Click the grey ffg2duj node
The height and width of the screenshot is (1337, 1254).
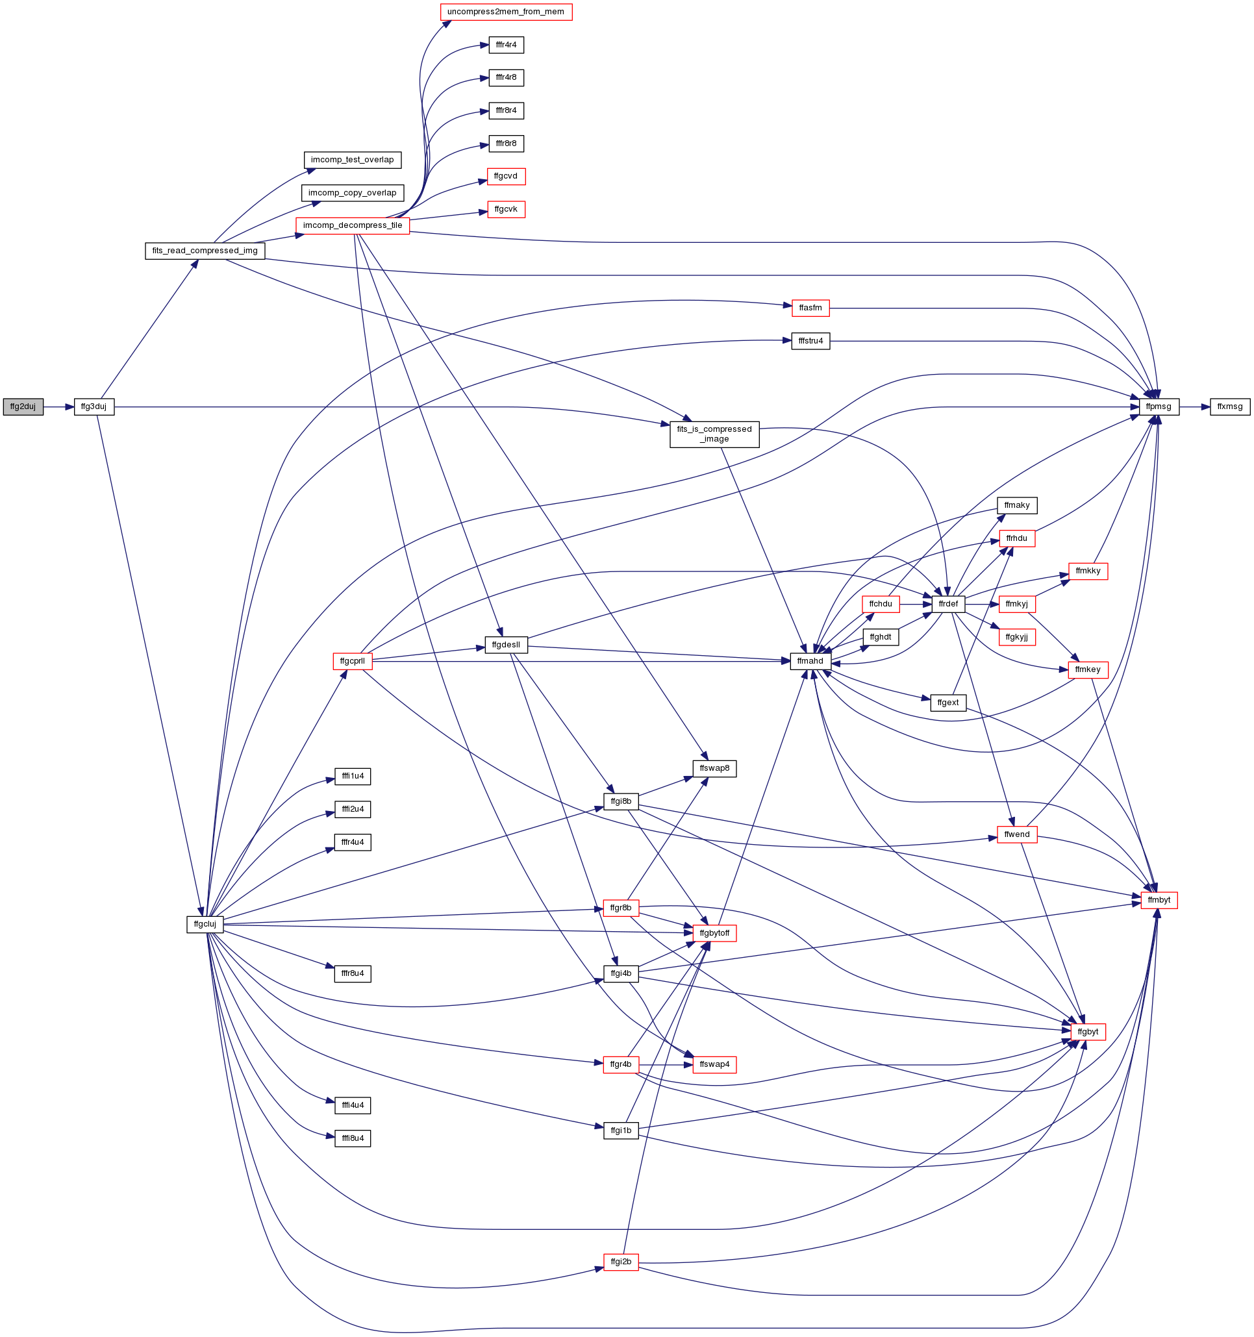[23, 407]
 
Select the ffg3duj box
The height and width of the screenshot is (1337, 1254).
[94, 407]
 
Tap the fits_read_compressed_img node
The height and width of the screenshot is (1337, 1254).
[205, 251]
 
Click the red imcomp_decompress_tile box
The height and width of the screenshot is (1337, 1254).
[353, 225]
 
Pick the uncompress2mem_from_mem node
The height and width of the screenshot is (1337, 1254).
[506, 12]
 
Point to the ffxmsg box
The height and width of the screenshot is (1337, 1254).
[1230, 407]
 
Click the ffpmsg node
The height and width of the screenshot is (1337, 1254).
[1159, 407]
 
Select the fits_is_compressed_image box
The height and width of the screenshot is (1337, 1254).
[714, 434]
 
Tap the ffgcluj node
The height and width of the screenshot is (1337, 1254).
[205, 924]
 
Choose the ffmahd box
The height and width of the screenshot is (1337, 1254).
[810, 661]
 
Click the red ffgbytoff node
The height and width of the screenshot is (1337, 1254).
[714, 934]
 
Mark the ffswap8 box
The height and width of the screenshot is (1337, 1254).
[714, 768]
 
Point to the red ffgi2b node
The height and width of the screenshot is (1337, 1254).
[621, 1262]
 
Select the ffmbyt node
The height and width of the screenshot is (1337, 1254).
[1159, 900]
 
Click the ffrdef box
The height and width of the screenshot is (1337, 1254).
[948, 604]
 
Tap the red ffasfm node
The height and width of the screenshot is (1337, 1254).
[810, 308]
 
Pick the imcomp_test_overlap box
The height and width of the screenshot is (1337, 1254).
[353, 160]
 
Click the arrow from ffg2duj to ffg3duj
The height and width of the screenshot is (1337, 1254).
[58, 407]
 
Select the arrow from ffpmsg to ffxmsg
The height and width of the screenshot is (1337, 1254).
[1195, 407]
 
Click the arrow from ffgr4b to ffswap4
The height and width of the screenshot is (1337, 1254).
[666, 1065]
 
